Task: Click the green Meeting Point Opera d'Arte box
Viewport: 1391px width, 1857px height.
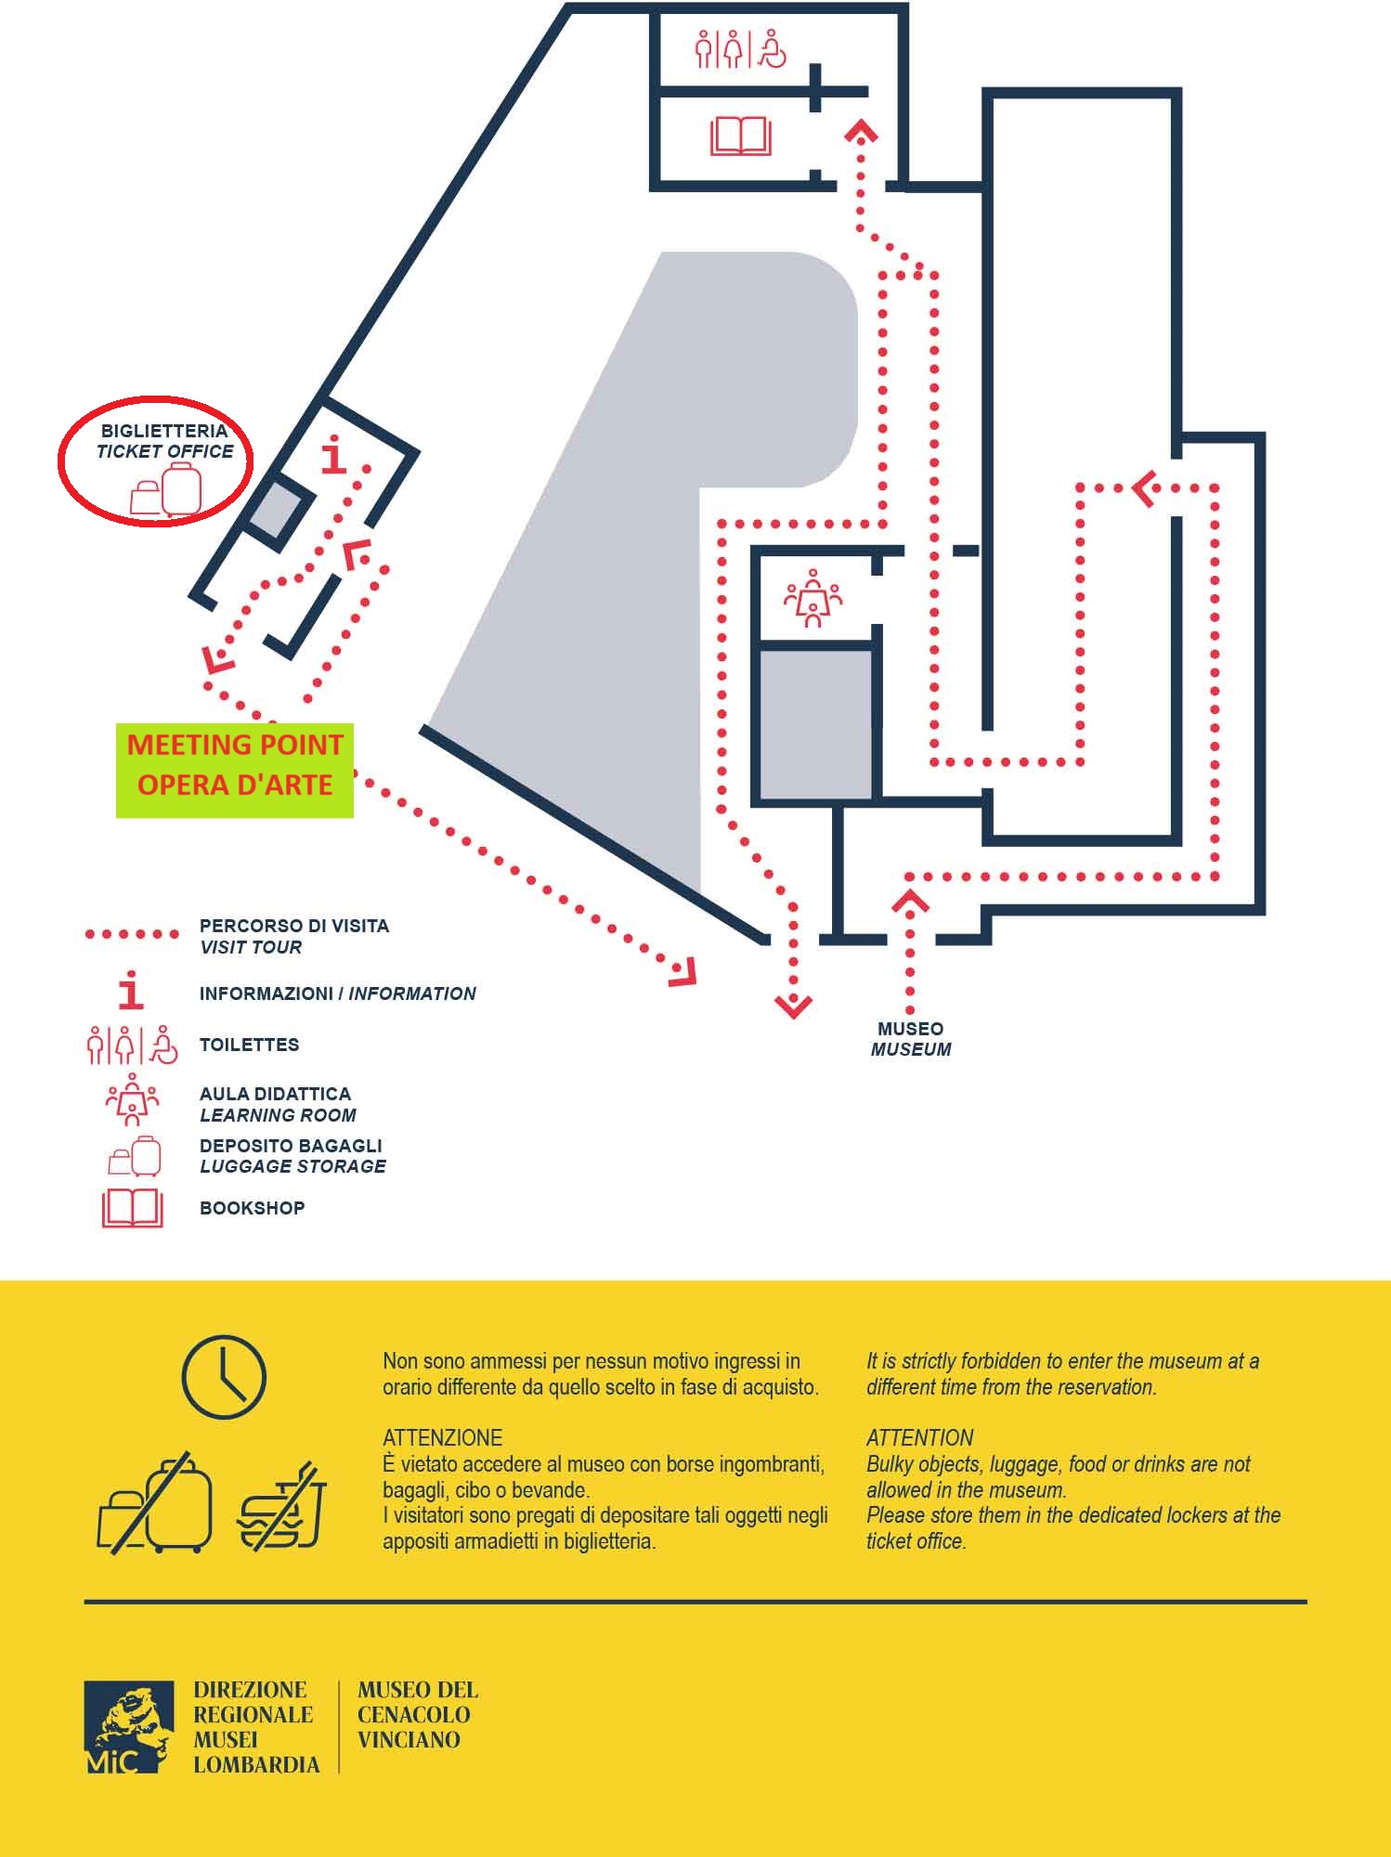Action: pyautogui.click(x=235, y=771)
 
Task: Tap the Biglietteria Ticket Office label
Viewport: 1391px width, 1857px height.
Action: pyautogui.click(x=165, y=441)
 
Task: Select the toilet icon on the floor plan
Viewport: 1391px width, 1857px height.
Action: pyautogui.click(x=740, y=49)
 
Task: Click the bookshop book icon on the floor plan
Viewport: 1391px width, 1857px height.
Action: pyautogui.click(x=741, y=136)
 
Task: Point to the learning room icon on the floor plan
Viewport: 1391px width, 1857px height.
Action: pyautogui.click(x=813, y=599)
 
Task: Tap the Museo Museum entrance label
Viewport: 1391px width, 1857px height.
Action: pyautogui.click(x=911, y=1039)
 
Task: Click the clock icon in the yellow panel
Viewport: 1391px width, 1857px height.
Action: pyautogui.click(x=224, y=1377)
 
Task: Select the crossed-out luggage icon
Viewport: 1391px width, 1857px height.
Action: pyautogui.click(x=155, y=1503)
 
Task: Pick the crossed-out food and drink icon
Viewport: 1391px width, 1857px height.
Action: pyautogui.click(x=283, y=1506)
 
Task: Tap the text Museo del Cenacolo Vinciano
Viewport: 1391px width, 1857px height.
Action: pyautogui.click(x=418, y=1715)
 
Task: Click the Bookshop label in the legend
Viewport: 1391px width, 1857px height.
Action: pyautogui.click(x=252, y=1208)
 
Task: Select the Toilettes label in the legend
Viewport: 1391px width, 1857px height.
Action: pyautogui.click(x=249, y=1045)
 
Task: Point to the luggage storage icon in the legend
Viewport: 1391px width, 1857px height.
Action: pyautogui.click(x=135, y=1156)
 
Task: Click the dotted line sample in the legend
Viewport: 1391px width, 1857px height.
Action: pyautogui.click(x=132, y=934)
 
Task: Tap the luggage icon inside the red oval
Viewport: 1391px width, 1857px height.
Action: pyautogui.click(x=165, y=490)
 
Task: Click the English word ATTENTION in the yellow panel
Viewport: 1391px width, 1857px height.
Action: pyautogui.click(x=919, y=1438)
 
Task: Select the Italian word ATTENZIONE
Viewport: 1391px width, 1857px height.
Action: pyautogui.click(x=442, y=1438)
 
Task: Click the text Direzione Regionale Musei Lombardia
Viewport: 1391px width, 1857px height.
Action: pyautogui.click(x=255, y=1727)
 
